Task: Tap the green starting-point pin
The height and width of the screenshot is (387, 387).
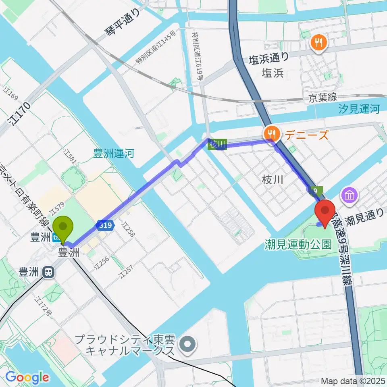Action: tap(64, 227)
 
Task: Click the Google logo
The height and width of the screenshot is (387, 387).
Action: tap(27, 377)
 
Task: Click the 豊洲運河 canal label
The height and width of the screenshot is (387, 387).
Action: tap(113, 153)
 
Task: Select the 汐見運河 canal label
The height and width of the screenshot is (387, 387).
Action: tap(359, 109)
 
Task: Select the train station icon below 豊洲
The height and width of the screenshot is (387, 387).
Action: tap(49, 273)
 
